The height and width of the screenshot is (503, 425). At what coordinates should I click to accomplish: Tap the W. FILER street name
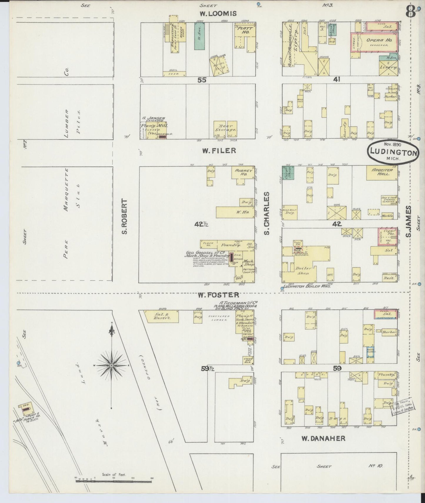(219, 151)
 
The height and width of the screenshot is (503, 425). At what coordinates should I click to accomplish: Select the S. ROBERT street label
(125, 217)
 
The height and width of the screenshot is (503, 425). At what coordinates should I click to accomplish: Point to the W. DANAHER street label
(323, 438)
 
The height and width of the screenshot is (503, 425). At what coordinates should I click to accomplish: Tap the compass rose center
(111, 366)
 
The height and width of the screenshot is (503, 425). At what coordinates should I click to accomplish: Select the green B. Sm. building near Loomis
(200, 36)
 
